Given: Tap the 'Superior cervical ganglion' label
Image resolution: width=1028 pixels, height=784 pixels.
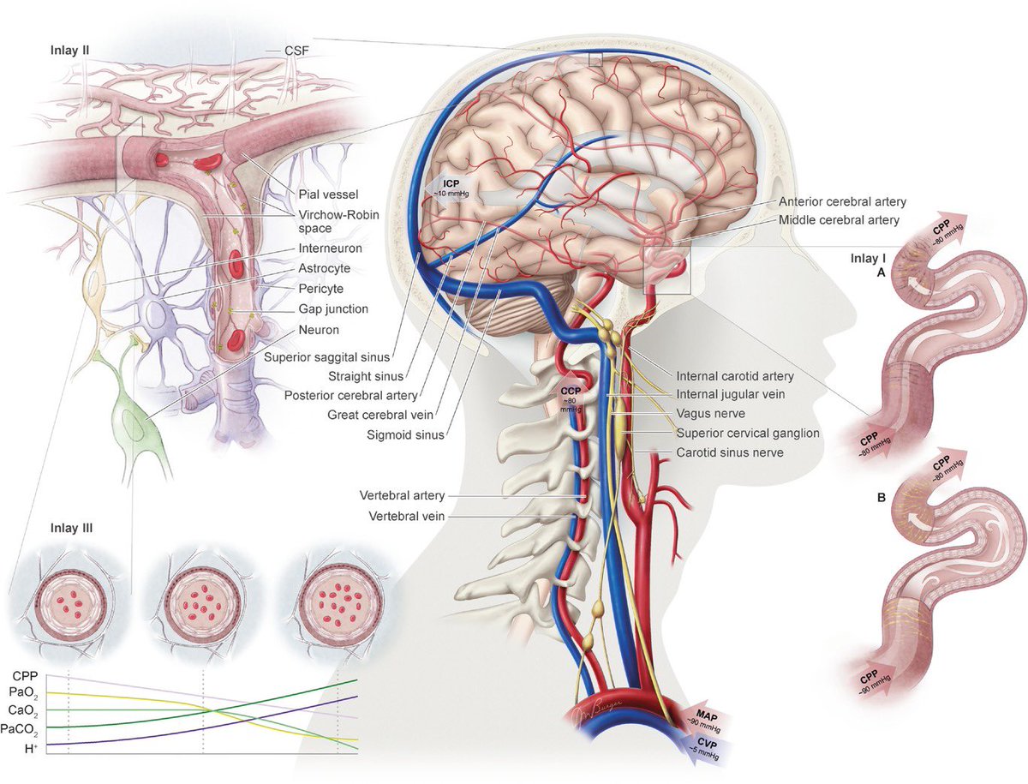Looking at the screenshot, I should click(748, 433).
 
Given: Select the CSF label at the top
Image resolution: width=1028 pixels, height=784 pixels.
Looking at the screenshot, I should click(294, 51).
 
